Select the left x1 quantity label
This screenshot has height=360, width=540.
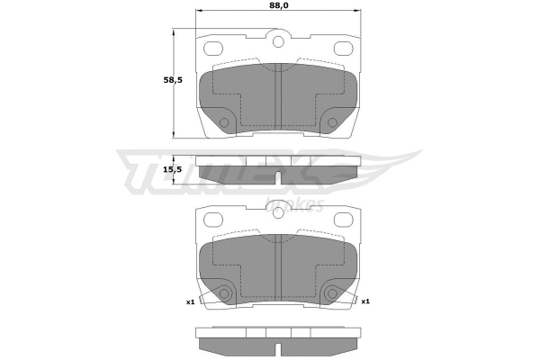[191, 301]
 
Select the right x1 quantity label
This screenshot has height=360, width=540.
[364, 301]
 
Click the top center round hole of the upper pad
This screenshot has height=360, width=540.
[277, 41]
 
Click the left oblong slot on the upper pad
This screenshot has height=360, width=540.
[215, 49]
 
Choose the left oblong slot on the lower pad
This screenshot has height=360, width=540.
[215, 220]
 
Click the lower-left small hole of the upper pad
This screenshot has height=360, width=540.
[224, 122]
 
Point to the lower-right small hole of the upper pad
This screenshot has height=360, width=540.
[332, 122]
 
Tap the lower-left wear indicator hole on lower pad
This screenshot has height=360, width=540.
[225, 293]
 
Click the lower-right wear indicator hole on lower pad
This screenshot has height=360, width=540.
[332, 293]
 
